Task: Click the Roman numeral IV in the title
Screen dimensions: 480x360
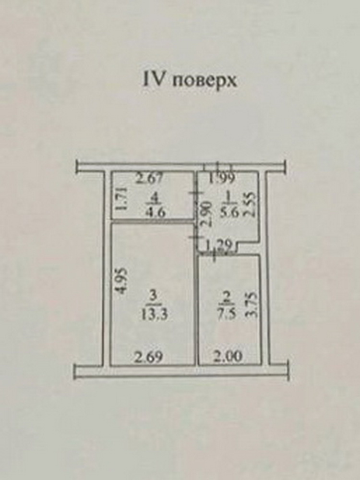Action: (152, 78)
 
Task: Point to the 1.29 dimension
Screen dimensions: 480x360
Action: (216, 247)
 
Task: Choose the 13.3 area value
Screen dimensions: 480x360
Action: (154, 314)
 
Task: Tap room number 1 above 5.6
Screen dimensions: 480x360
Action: (228, 197)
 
